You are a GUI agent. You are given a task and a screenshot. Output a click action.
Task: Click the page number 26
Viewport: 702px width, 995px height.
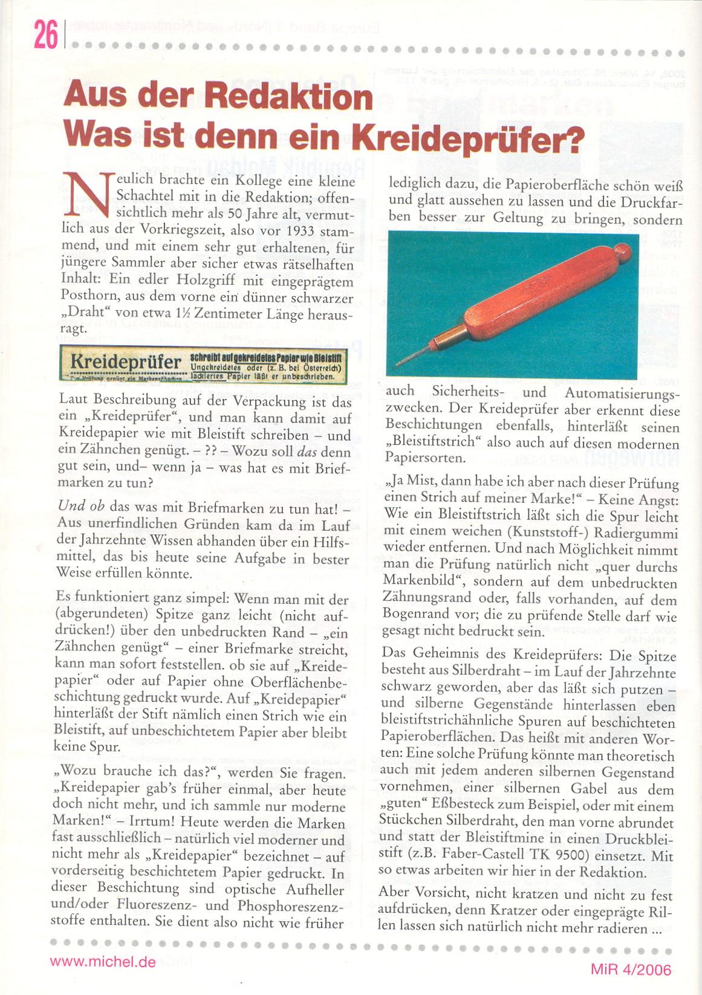click(45, 34)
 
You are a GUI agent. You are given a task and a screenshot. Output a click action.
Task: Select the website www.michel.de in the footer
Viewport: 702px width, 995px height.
click(103, 962)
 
